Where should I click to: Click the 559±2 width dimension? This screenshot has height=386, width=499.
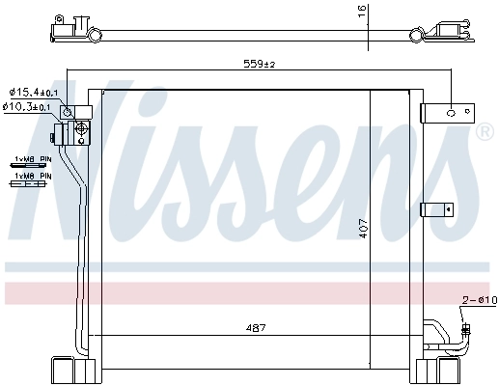[258, 65]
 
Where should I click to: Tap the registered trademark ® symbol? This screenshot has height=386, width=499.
[482, 131]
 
